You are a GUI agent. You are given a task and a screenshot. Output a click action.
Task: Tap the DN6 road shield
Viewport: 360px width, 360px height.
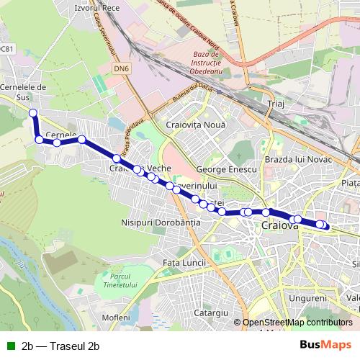(x=122, y=68)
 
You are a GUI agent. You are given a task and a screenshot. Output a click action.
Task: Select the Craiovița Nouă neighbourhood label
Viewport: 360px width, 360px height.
(x=196, y=125)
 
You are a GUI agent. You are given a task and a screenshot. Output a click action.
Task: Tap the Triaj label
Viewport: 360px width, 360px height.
(x=276, y=105)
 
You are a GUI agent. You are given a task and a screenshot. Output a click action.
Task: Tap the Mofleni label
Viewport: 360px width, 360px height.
(x=116, y=318)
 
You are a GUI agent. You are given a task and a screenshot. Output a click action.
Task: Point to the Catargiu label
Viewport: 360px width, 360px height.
(x=211, y=313)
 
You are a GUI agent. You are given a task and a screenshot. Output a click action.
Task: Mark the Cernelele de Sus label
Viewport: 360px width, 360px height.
(x=24, y=92)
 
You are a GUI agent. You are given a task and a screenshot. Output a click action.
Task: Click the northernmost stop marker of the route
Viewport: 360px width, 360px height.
(x=32, y=112)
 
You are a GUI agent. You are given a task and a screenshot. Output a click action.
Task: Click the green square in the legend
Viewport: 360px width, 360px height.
(x=10, y=346)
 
